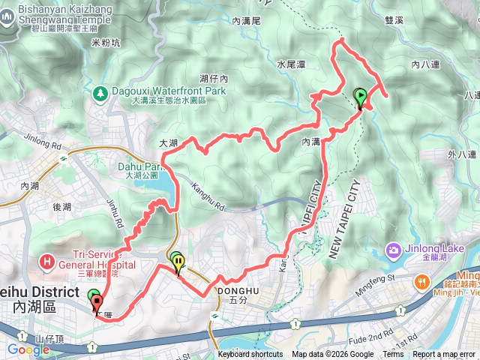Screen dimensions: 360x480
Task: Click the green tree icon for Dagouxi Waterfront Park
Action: pyautogui.click(x=100, y=94)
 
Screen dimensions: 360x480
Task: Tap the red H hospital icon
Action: pyautogui.click(x=46, y=261)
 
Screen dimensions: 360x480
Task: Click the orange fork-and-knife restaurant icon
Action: pyautogui.click(x=422, y=282)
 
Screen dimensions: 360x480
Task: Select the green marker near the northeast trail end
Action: pyautogui.click(x=361, y=96)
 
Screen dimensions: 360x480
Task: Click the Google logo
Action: pyautogui.click(x=28, y=349)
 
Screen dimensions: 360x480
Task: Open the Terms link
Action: pyautogui.click(x=393, y=355)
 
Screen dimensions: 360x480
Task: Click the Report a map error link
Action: pyautogui.click(x=445, y=355)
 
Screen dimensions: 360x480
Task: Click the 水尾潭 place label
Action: pyautogui.click(x=292, y=65)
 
